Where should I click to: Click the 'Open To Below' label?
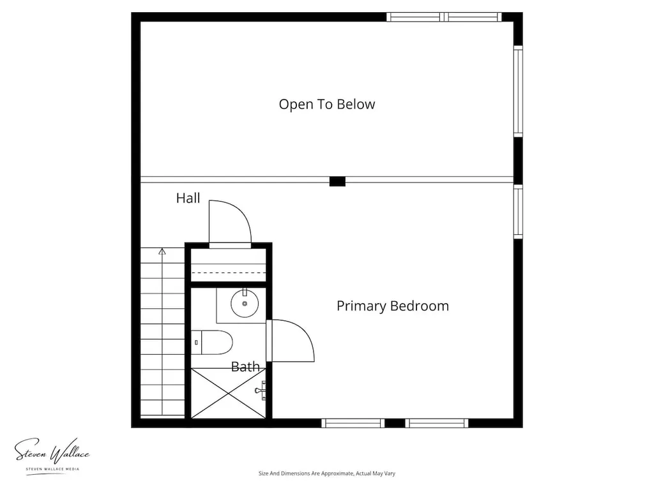click(x=326, y=105)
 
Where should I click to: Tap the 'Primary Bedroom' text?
click(x=393, y=306)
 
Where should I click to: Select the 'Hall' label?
click(x=188, y=198)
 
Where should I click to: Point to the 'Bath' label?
click(x=245, y=367)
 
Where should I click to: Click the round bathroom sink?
click(x=245, y=304)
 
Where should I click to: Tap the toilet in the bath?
click(x=211, y=343)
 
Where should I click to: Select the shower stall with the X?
click(x=228, y=393)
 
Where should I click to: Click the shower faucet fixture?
click(x=261, y=390)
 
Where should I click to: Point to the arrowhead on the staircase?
click(x=162, y=251)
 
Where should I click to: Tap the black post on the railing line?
click(x=337, y=181)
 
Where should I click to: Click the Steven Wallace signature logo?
click(x=52, y=451)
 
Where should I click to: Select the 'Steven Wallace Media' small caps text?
click(x=52, y=469)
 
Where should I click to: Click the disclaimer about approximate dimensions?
click(x=326, y=473)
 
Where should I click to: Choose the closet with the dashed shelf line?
click(x=228, y=265)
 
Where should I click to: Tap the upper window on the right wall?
click(x=518, y=91)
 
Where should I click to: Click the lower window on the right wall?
click(x=518, y=212)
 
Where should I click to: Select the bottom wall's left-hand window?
click(x=353, y=424)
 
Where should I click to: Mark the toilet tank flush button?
click(x=196, y=343)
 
